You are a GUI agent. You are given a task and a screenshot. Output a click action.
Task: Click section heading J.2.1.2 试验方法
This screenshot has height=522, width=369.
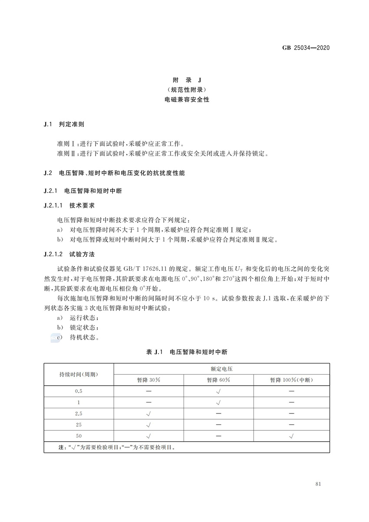click(69, 253)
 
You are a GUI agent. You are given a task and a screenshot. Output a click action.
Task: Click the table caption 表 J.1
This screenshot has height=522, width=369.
click(154, 352)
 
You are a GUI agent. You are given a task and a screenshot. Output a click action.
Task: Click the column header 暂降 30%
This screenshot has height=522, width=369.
click(148, 380)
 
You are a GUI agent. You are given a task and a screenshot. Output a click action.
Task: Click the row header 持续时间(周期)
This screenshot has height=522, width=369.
click(79, 374)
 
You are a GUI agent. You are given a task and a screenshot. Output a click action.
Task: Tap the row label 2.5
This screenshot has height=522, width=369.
click(79, 413)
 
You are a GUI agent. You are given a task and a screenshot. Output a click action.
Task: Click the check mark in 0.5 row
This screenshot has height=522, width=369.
click(218, 391)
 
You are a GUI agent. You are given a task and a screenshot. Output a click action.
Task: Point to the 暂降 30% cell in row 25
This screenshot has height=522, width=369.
click(148, 424)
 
